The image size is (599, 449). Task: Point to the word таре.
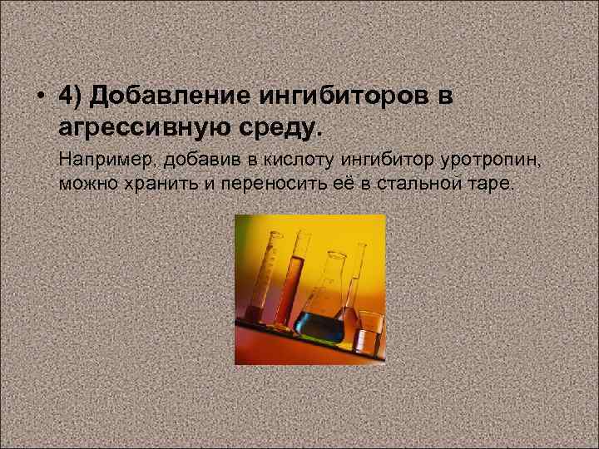(x=493, y=183)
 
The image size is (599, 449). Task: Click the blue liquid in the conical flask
(x=321, y=324)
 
